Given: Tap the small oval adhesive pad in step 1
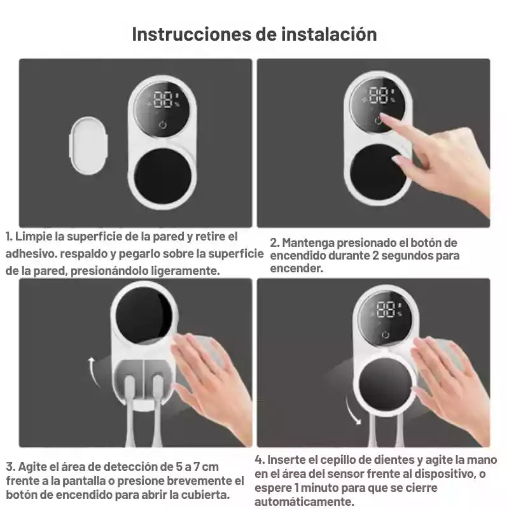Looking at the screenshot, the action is pos(88,146).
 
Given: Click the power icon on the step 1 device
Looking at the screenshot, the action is pos(163,125).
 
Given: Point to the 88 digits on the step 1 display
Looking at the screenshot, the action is pos(163,99).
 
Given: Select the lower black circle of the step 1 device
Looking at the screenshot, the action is pos(162,177).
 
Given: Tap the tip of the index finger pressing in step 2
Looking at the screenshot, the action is pos(382,116).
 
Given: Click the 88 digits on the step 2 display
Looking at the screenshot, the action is pos(379,95).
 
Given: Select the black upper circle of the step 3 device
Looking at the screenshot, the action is pos(144,316).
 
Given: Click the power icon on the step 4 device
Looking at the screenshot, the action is pos(386,335).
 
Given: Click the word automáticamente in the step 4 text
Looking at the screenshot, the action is pos(304,501).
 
